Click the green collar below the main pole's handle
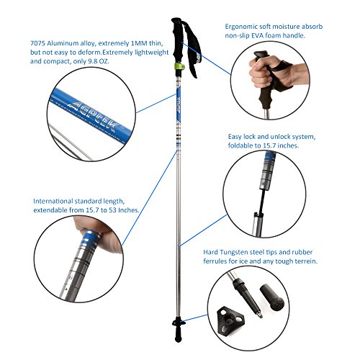(x=179, y=66)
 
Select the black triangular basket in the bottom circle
(x=230, y=320)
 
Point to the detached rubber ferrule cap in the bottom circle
(x=272, y=297)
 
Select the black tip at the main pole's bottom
(x=178, y=332)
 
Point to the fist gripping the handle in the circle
(x=264, y=71)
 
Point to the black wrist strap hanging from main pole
(x=192, y=49)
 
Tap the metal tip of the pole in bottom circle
(x=259, y=315)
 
